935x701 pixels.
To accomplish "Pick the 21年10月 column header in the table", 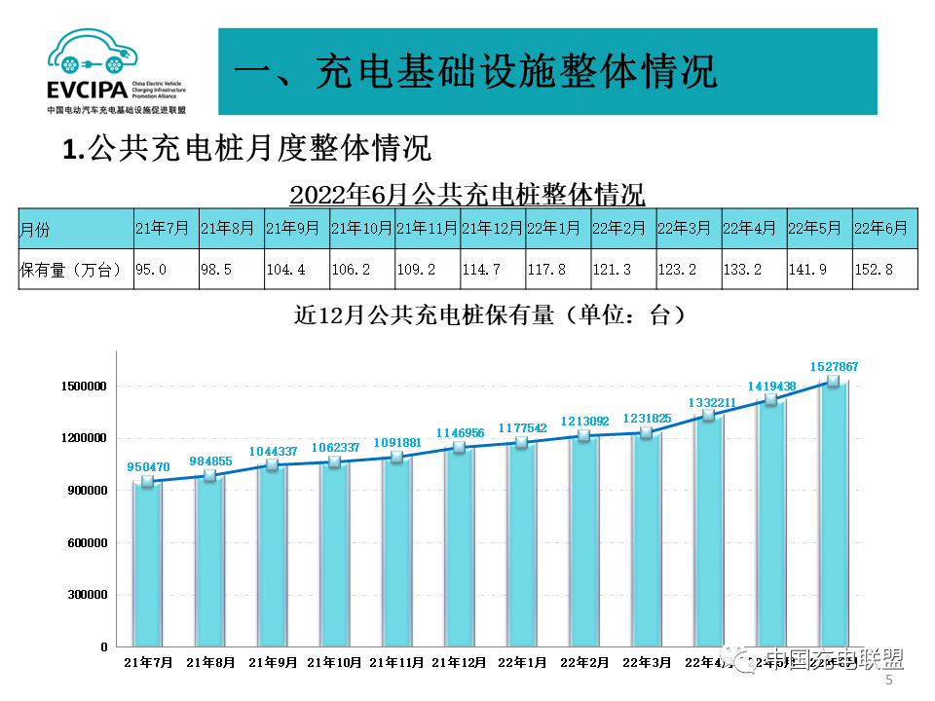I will pyautogui.click(x=361, y=229).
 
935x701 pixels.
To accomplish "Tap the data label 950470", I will pyautogui.click(x=148, y=466).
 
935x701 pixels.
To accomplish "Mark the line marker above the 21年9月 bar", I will pyautogui.click(x=273, y=465).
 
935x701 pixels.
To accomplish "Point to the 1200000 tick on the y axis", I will pyautogui.click(x=82, y=438).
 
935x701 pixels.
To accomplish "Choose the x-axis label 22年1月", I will pyautogui.click(x=522, y=662).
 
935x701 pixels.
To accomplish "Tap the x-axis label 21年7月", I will pyautogui.click(x=148, y=662).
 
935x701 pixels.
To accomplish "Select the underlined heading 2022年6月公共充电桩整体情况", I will pyautogui.click(x=467, y=194).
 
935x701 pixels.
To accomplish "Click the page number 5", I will pyautogui.click(x=888, y=682).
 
